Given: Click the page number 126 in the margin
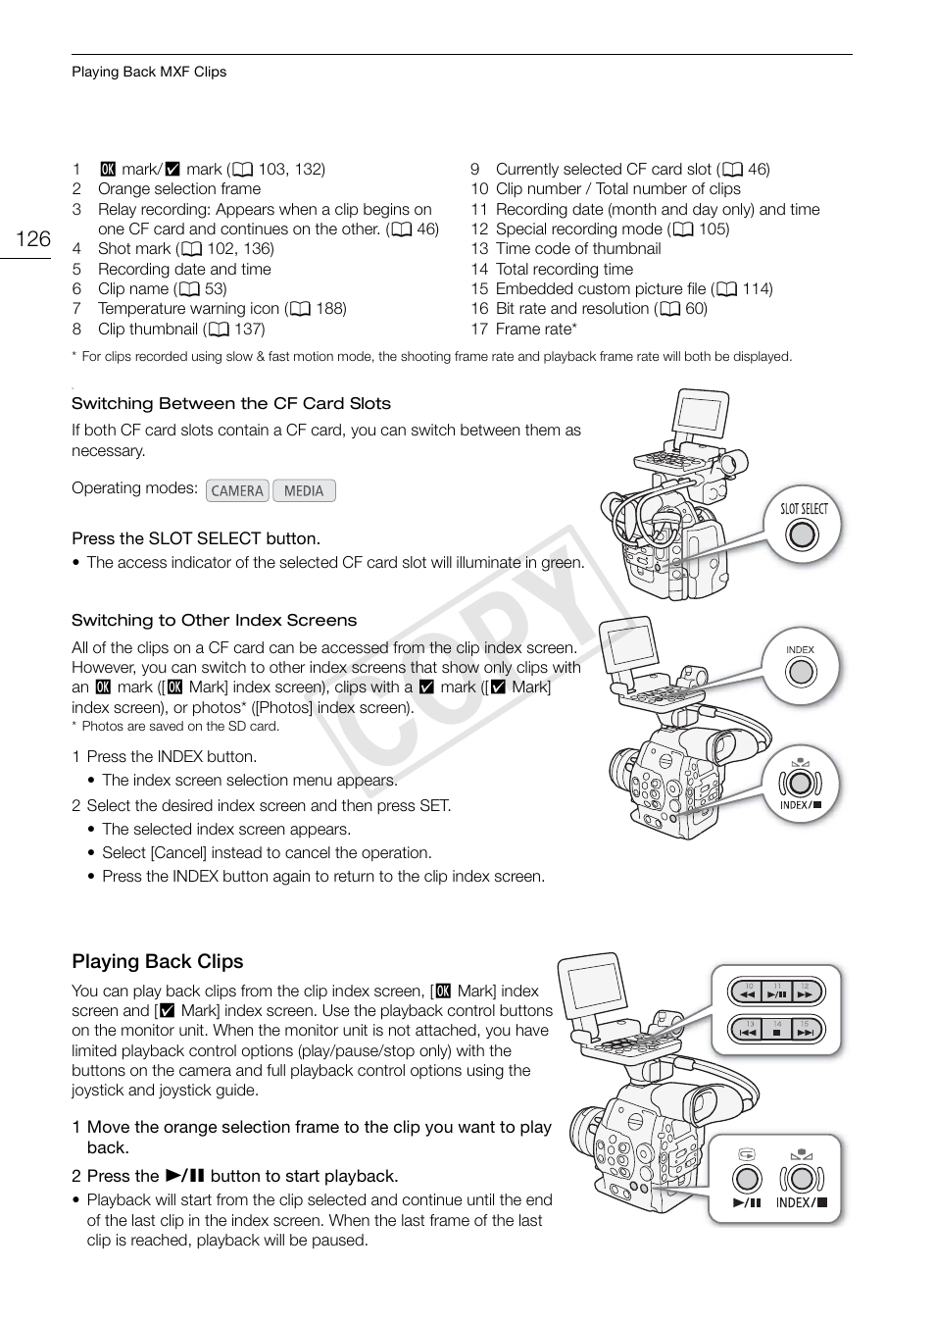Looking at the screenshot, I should pos(33,239).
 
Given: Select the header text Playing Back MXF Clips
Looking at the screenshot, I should pos(149,72).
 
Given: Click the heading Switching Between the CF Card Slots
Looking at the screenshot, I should pos(230,403).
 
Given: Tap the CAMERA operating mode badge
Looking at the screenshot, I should pos(237,490).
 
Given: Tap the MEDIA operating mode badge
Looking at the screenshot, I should pos(304,490).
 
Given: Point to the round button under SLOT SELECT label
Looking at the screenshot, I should pos(802,534).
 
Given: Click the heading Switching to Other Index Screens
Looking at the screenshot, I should pos(214,620).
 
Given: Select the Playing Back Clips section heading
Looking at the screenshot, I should pos(157,961).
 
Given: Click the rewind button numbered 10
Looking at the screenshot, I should pos(749,992).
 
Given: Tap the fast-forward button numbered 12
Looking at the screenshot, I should pos(805,992).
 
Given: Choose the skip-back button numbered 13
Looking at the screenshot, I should pos(749,1031).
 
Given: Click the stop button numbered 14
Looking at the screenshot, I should pos(777,1031).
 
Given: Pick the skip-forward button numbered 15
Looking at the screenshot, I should pos(805,1031).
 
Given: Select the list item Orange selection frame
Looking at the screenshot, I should pos(179,188).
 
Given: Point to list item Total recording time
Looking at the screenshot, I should pos(564,269).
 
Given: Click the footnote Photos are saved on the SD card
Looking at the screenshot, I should pos(179,727).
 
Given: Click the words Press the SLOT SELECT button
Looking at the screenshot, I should pos(196,538).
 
